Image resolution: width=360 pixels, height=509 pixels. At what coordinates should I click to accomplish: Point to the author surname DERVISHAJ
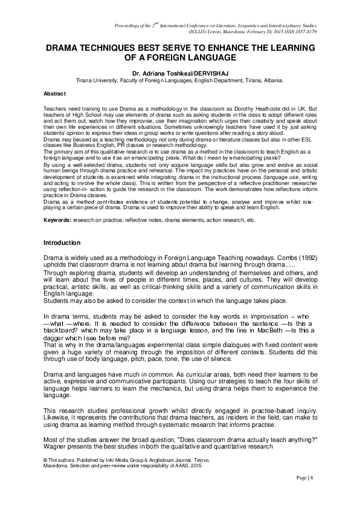(214, 71)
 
